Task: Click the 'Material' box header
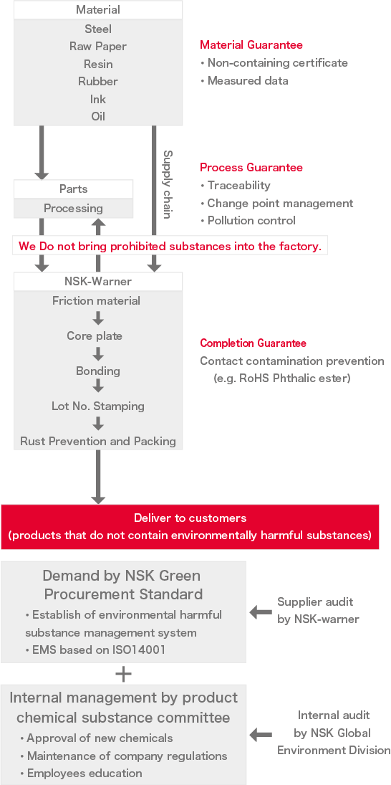pos(98,10)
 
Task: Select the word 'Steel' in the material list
pos(98,29)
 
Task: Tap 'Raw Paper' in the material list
pos(98,47)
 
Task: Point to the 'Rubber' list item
pos(98,82)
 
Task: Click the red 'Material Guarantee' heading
pos(251,45)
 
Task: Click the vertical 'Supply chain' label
pos(168,184)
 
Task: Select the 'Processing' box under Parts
pos(73,209)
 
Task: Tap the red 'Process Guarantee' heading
pos(251,168)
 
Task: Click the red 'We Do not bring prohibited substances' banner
pos(170,246)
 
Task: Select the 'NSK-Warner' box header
pos(98,282)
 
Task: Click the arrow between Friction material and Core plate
pos(98,318)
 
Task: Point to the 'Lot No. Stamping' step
pos(98,406)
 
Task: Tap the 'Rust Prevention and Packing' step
pos(98,442)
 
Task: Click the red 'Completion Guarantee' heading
pos(253,343)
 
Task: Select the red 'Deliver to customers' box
pos(190,526)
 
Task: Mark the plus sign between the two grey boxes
pos(124,674)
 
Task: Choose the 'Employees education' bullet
pos(84,774)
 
